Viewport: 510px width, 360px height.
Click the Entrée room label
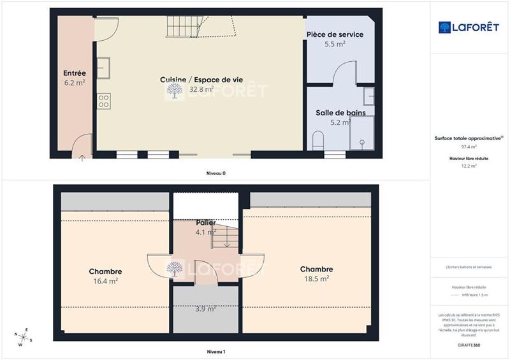tap(75, 73)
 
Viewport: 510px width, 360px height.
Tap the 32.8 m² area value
tap(201, 89)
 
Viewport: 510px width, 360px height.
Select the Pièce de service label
tap(335, 34)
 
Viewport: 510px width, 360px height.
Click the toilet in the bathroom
tap(318, 140)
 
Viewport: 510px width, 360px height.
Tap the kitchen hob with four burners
tap(103, 100)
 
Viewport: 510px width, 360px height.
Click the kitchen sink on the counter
tap(103, 66)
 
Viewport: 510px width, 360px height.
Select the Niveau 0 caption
tap(215, 173)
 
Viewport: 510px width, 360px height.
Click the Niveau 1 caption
tap(215, 352)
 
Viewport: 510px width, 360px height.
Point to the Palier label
tap(205, 222)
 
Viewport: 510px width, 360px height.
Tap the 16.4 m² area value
tap(106, 280)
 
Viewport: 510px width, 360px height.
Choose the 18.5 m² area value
tap(316, 278)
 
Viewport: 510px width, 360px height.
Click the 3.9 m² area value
tap(205, 309)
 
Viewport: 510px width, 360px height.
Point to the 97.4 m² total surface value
tap(469, 147)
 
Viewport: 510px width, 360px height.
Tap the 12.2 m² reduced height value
tap(469, 166)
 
